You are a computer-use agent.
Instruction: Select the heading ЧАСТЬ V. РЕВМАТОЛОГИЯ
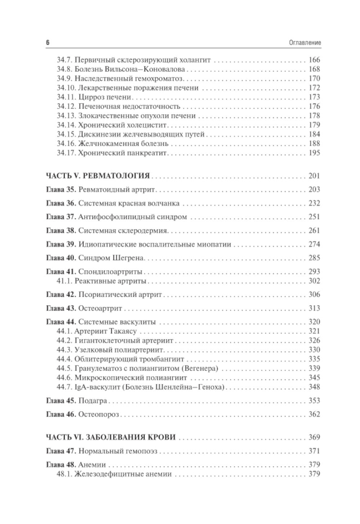tap(98, 176)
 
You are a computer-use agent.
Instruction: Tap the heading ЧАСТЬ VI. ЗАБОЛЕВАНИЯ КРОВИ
tap(111, 438)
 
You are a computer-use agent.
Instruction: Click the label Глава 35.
tap(61, 190)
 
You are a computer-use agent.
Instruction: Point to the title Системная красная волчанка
tap(129, 203)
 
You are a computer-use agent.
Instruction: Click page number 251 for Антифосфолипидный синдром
tap(314, 217)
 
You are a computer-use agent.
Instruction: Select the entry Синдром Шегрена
tap(111, 258)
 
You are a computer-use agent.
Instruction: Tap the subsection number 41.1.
tap(64, 281)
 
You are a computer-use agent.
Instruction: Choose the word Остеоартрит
tap(100, 309)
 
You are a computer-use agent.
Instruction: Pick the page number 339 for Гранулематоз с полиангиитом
tap(314, 369)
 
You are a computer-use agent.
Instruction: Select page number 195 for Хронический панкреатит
tap(314, 153)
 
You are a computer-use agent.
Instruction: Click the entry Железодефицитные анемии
tap(123, 474)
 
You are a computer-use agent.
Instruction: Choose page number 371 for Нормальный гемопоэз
tap(314, 451)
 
